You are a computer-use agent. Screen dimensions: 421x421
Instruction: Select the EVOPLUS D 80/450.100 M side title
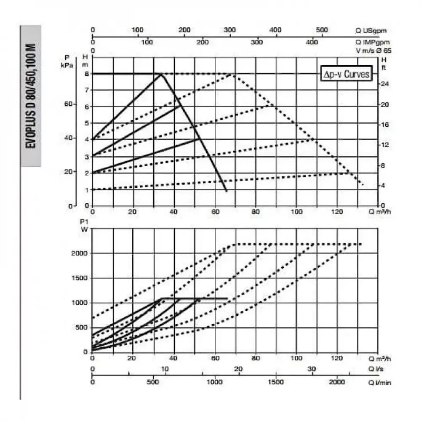tap(31, 96)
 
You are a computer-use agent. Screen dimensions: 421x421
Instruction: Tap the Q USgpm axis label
tap(371, 30)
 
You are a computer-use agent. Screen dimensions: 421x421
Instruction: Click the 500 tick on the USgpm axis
tap(322, 30)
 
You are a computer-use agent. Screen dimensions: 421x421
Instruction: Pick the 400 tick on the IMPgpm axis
tap(312, 42)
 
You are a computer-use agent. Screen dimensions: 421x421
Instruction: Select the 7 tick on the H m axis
tap(86, 90)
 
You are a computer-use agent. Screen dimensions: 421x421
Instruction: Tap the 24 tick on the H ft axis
tap(384, 84)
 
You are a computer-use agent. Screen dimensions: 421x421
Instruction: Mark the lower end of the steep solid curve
tap(226, 191)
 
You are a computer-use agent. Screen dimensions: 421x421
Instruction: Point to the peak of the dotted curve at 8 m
tap(232, 75)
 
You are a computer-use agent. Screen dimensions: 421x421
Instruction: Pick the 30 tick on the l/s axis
tap(312, 369)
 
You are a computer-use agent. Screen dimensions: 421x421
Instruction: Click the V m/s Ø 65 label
tap(370, 51)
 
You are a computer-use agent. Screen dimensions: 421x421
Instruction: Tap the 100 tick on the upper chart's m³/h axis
tap(297, 212)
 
